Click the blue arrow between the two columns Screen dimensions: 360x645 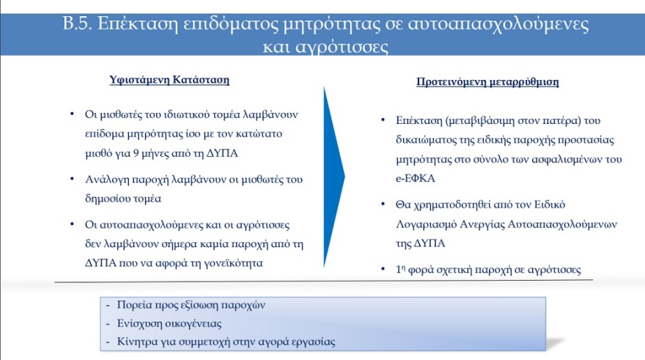[x=334, y=177]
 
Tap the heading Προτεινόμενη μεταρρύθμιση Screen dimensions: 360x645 [x=482, y=82]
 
